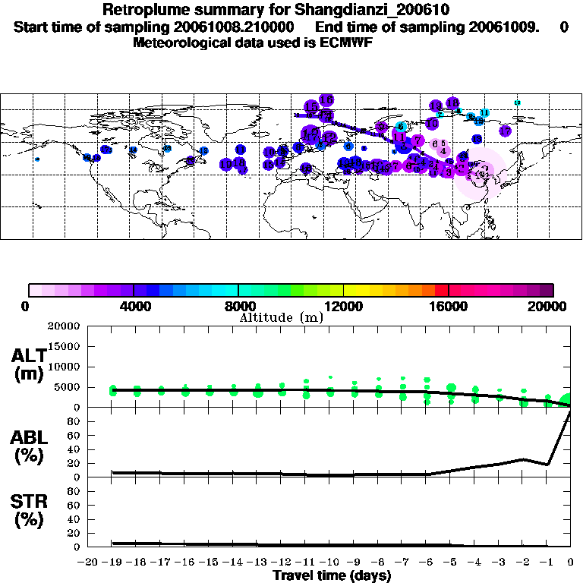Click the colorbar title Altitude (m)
(281, 317)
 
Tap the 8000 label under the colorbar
(238, 306)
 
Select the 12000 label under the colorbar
(344, 306)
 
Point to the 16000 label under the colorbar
(449, 306)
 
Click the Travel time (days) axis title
(332, 575)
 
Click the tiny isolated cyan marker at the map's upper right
(517, 102)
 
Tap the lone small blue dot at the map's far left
(37, 159)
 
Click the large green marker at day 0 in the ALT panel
(566, 400)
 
